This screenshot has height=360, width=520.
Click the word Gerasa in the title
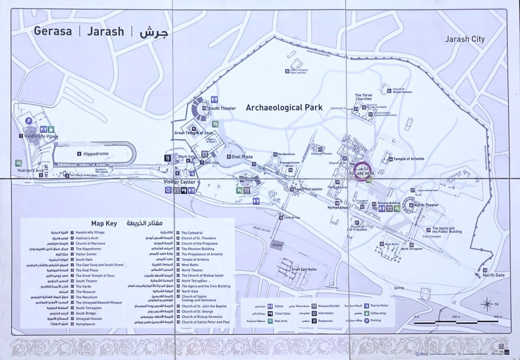(x=53, y=31)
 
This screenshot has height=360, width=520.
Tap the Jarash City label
(x=465, y=39)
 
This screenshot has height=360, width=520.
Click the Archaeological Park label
(x=284, y=108)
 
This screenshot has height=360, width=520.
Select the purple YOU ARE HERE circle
(x=361, y=170)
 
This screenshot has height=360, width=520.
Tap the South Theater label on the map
(x=221, y=108)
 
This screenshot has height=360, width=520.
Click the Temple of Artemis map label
(x=409, y=159)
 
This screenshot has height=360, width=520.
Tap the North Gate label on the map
(x=494, y=275)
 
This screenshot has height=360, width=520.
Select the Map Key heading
(x=104, y=223)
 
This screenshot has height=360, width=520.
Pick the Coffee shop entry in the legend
(x=381, y=313)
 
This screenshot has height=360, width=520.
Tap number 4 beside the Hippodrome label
(x=79, y=153)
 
